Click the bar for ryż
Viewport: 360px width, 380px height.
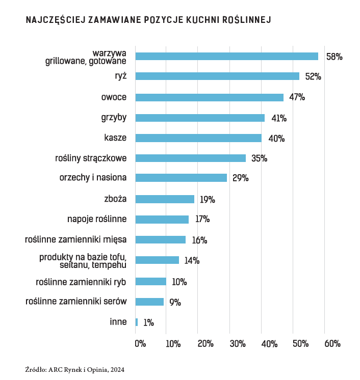coord(217,76)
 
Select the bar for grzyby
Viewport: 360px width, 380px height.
coord(200,118)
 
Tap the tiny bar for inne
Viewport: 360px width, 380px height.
coord(137,322)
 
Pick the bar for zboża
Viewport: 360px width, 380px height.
coord(165,199)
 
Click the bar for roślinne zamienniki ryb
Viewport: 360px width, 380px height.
coord(151,281)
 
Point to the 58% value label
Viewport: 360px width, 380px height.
coord(334,57)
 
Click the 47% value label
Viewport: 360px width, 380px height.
coord(297,97)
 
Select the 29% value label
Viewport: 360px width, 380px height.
coord(240,178)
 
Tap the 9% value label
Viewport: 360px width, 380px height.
coord(175,302)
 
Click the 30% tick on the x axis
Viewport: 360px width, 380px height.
coord(237,344)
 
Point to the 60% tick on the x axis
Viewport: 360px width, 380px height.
coord(332,344)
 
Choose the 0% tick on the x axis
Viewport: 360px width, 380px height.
coord(140,344)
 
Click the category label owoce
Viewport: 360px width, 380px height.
coord(114,97)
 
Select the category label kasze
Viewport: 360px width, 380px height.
coord(115,138)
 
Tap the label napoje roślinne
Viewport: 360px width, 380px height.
coord(97,219)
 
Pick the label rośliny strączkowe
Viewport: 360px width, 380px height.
coord(90,158)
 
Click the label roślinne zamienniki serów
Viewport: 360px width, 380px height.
coord(76,302)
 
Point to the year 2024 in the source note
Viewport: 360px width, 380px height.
coord(117,369)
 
